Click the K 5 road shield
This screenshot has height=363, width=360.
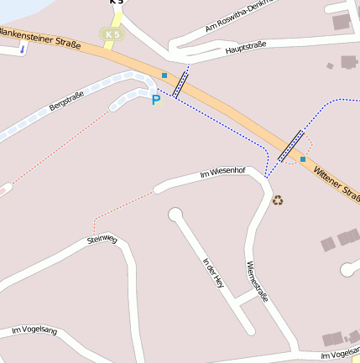tap(111, 34)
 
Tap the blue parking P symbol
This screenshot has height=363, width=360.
tap(155, 100)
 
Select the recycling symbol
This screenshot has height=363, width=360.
tap(278, 200)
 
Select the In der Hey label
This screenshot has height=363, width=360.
tap(214, 273)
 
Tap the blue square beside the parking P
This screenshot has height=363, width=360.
tap(164, 75)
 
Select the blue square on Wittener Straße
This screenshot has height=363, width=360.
tap(303, 158)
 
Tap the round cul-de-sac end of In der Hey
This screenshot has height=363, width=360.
tap(175, 215)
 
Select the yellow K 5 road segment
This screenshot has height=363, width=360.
tap(117, 17)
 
